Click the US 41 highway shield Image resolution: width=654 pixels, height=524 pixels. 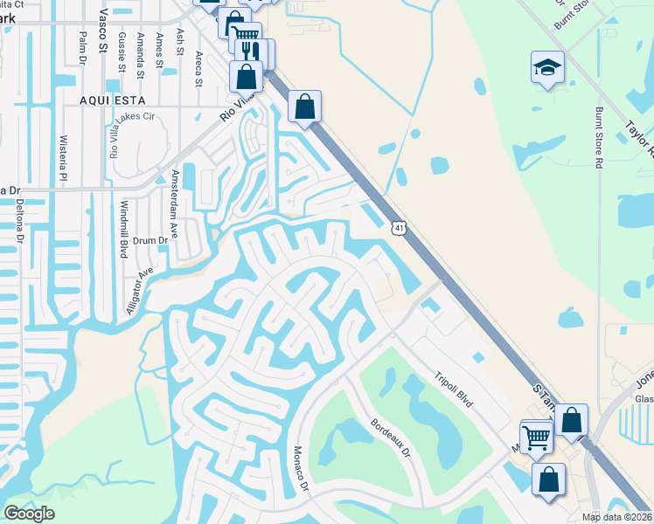pyautogui.click(x=399, y=228)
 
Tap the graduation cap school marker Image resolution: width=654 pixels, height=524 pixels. pyautogui.click(x=547, y=67)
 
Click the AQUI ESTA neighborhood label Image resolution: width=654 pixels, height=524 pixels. pyautogui.click(x=110, y=100)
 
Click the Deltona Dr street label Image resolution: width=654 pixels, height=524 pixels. pyautogui.click(x=18, y=215)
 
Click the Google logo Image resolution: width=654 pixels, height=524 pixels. pyautogui.click(x=29, y=513)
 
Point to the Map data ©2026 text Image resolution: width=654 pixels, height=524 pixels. pyautogui.click(x=616, y=516)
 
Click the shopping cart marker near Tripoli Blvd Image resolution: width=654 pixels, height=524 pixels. pyautogui.click(x=537, y=436)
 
